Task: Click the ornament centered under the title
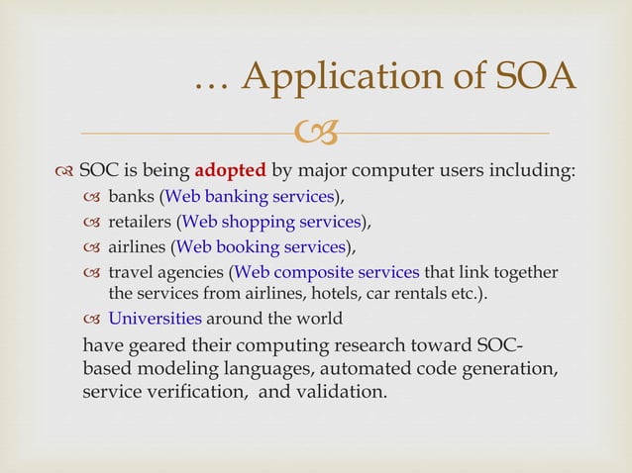pyautogui.click(x=316, y=130)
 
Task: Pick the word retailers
pyautogui.click(x=140, y=221)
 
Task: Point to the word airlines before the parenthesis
pyautogui.click(x=137, y=246)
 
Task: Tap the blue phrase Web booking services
pyautogui.click(x=261, y=246)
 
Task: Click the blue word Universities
pyautogui.click(x=155, y=319)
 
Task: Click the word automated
pyautogui.click(x=356, y=368)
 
